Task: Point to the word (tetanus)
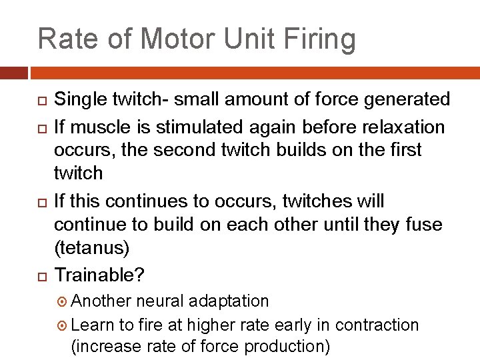[x=91, y=249]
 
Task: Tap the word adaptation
[x=229, y=301]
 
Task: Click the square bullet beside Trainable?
[x=41, y=275]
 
